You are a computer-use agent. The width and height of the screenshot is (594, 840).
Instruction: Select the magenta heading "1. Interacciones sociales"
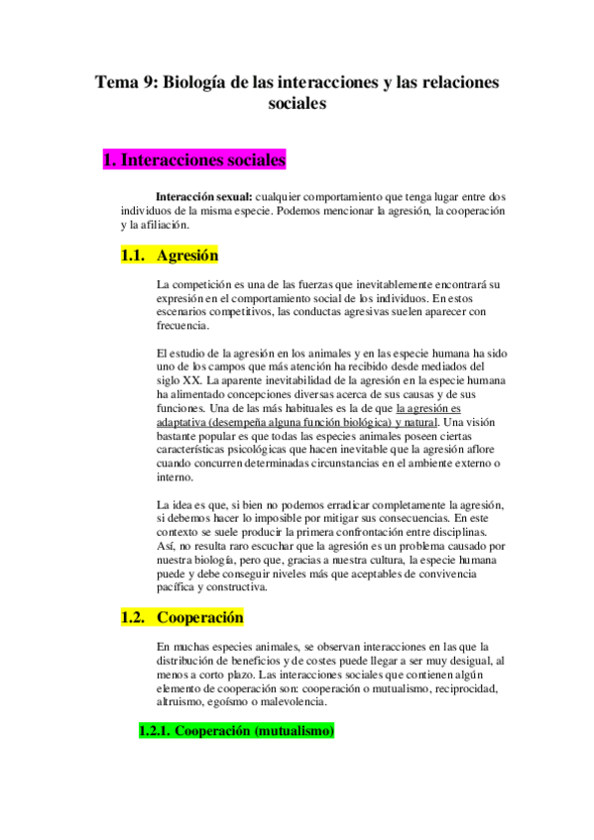pyautogui.click(x=195, y=158)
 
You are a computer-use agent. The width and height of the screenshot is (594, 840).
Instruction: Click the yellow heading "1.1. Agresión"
pyautogui.click(x=169, y=255)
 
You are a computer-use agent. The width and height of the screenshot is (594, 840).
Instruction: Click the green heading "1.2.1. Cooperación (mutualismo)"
pyautogui.click(x=236, y=732)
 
